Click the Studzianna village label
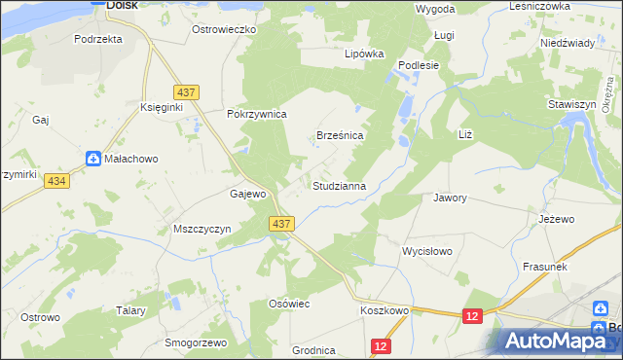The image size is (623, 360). click(339, 185)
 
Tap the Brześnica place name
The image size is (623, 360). click(341, 136)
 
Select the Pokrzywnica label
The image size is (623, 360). click(257, 114)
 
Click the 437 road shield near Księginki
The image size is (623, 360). click(189, 91)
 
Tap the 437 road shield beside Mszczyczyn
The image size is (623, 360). click(280, 224)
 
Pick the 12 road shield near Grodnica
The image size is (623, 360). click(381, 346)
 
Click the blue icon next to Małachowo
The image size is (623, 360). click(92, 159)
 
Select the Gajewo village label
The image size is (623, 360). click(248, 194)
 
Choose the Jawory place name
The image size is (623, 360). click(451, 198)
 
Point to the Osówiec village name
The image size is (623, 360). click(289, 304)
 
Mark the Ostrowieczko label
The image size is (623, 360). click(223, 30)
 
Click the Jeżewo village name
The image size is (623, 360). click(557, 220)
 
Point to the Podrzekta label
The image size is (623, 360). click(98, 39)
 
